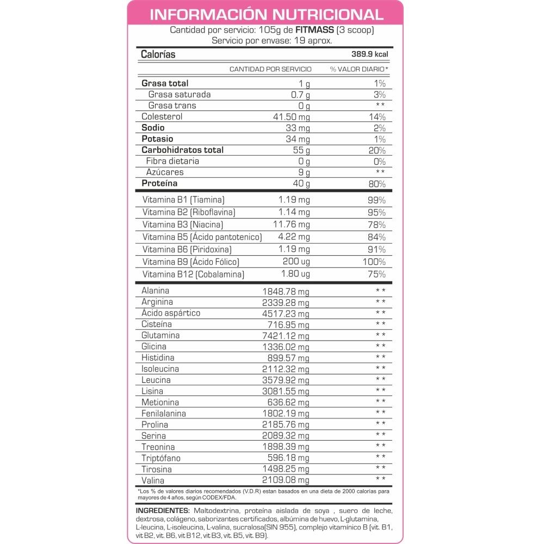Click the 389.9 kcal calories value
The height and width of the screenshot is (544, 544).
(369, 54)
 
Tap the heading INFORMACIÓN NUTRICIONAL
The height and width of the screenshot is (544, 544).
(266, 14)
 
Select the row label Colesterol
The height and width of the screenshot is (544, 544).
(162, 117)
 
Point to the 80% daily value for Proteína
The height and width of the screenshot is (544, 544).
(376, 184)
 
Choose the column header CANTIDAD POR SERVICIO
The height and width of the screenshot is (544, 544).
(270, 69)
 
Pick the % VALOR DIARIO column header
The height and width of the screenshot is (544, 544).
(359, 69)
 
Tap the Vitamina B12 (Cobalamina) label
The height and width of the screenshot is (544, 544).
(193, 274)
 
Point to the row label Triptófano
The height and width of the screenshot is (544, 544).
(160, 458)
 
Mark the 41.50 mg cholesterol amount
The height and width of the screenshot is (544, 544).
(291, 117)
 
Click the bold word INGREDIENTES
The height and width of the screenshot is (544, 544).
(162, 511)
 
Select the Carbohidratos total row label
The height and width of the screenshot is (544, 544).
(175, 150)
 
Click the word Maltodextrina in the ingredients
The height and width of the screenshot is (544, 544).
(215, 511)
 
